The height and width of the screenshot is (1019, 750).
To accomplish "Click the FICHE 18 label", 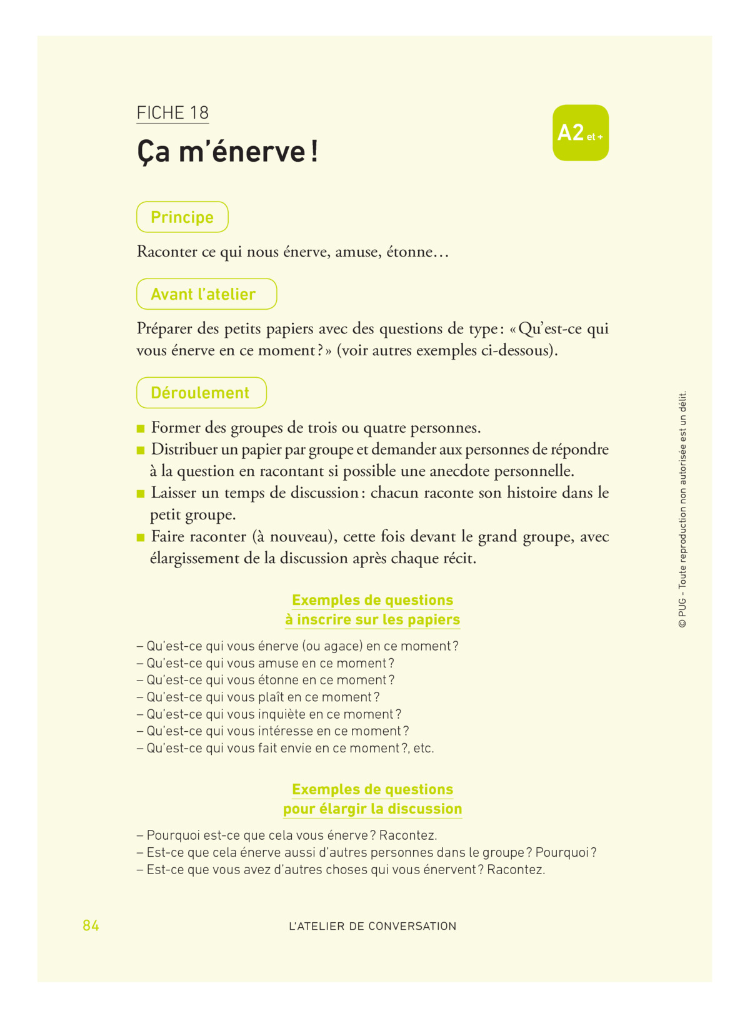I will (172, 113).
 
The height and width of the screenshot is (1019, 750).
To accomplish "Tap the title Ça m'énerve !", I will (227, 152).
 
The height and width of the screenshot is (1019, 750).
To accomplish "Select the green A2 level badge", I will (580, 133).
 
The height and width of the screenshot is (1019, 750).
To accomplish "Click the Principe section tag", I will (182, 217).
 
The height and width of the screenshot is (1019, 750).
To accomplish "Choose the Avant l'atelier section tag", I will (206, 294).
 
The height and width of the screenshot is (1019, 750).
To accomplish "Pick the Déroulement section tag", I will (201, 393).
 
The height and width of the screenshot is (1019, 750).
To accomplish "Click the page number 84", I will (91, 925).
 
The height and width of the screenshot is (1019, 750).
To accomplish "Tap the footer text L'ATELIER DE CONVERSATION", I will (372, 926).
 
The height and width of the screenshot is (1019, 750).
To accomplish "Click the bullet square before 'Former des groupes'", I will (141, 428).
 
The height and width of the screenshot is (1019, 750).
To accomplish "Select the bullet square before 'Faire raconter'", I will (141, 537).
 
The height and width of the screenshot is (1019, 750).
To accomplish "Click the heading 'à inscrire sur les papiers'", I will (372, 619).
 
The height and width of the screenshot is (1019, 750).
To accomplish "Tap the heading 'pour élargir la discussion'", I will (372, 809).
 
